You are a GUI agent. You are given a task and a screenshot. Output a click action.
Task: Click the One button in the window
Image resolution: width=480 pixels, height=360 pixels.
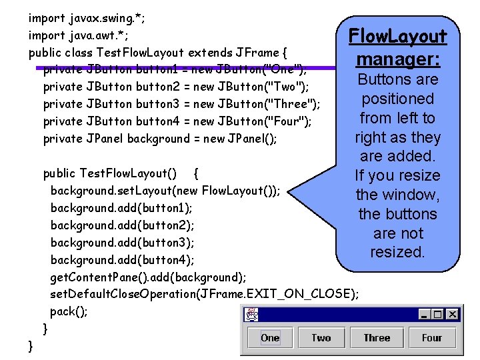[270, 337]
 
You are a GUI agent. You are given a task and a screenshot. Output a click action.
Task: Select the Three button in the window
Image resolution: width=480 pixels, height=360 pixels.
[377, 337]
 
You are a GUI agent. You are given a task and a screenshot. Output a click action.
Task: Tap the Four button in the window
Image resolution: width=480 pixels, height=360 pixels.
[432, 337]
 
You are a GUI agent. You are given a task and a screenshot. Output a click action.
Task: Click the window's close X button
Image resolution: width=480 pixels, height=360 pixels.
[453, 314]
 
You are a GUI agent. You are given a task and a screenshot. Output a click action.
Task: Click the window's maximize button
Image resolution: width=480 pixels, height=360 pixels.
[439, 314]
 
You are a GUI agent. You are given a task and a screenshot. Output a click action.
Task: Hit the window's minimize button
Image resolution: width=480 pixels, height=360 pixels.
[425, 314]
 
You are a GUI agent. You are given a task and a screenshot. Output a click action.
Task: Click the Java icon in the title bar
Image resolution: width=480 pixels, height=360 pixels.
[252, 314]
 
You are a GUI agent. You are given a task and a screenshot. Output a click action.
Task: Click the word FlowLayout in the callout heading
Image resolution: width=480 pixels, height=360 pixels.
[398, 35]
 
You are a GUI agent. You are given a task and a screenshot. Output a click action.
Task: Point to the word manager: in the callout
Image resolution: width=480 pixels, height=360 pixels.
[398, 59]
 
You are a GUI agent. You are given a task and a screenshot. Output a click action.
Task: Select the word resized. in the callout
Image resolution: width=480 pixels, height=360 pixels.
[398, 252]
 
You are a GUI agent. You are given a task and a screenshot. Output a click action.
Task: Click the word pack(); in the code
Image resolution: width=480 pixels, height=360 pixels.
[69, 311]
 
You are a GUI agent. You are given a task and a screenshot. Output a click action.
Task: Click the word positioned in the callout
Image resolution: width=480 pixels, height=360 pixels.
[398, 99]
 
